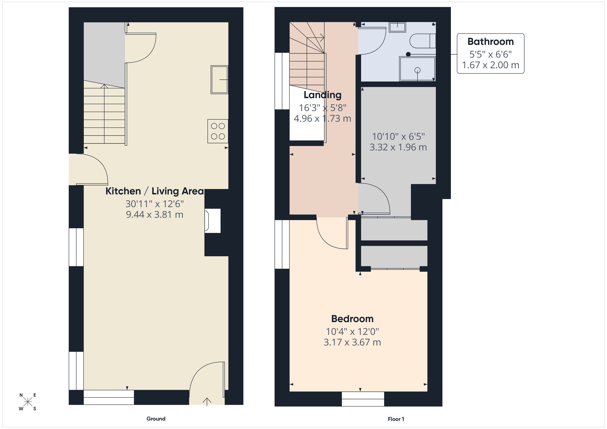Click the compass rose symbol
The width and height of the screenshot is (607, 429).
28,402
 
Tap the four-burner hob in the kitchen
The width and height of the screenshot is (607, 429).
218,131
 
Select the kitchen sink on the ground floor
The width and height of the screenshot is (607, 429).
219,80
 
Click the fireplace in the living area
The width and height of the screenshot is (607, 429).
212,221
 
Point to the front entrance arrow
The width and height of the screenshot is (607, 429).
207,401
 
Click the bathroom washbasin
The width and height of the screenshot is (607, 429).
397,27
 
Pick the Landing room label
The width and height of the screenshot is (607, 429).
322,95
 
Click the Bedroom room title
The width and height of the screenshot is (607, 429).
352,319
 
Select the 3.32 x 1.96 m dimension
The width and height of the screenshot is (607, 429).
398,147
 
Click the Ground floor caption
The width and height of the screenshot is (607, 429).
156,419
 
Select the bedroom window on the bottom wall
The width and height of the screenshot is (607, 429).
363,399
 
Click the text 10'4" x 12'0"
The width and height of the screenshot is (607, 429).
352,332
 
